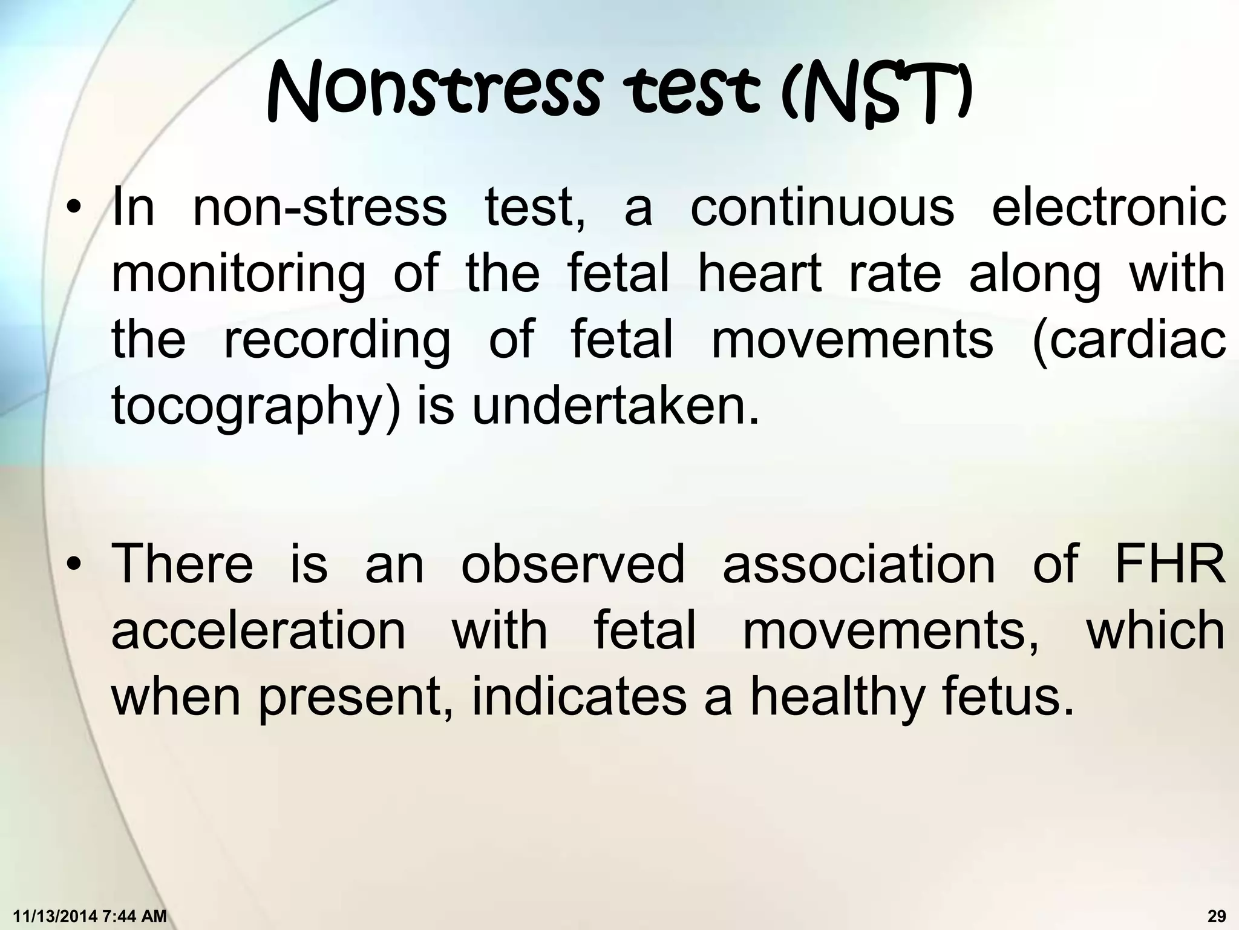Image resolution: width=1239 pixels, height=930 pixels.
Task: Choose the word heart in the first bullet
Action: point(759,273)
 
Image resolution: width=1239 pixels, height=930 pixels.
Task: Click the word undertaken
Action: point(615,406)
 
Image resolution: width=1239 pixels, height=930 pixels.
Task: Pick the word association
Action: point(859,564)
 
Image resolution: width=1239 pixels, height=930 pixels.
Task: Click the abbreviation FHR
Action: point(1170,564)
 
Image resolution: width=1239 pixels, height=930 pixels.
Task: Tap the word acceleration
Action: point(258,630)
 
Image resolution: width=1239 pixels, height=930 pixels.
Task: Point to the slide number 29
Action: point(1217,917)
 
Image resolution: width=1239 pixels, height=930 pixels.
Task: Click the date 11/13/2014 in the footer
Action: point(53,917)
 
